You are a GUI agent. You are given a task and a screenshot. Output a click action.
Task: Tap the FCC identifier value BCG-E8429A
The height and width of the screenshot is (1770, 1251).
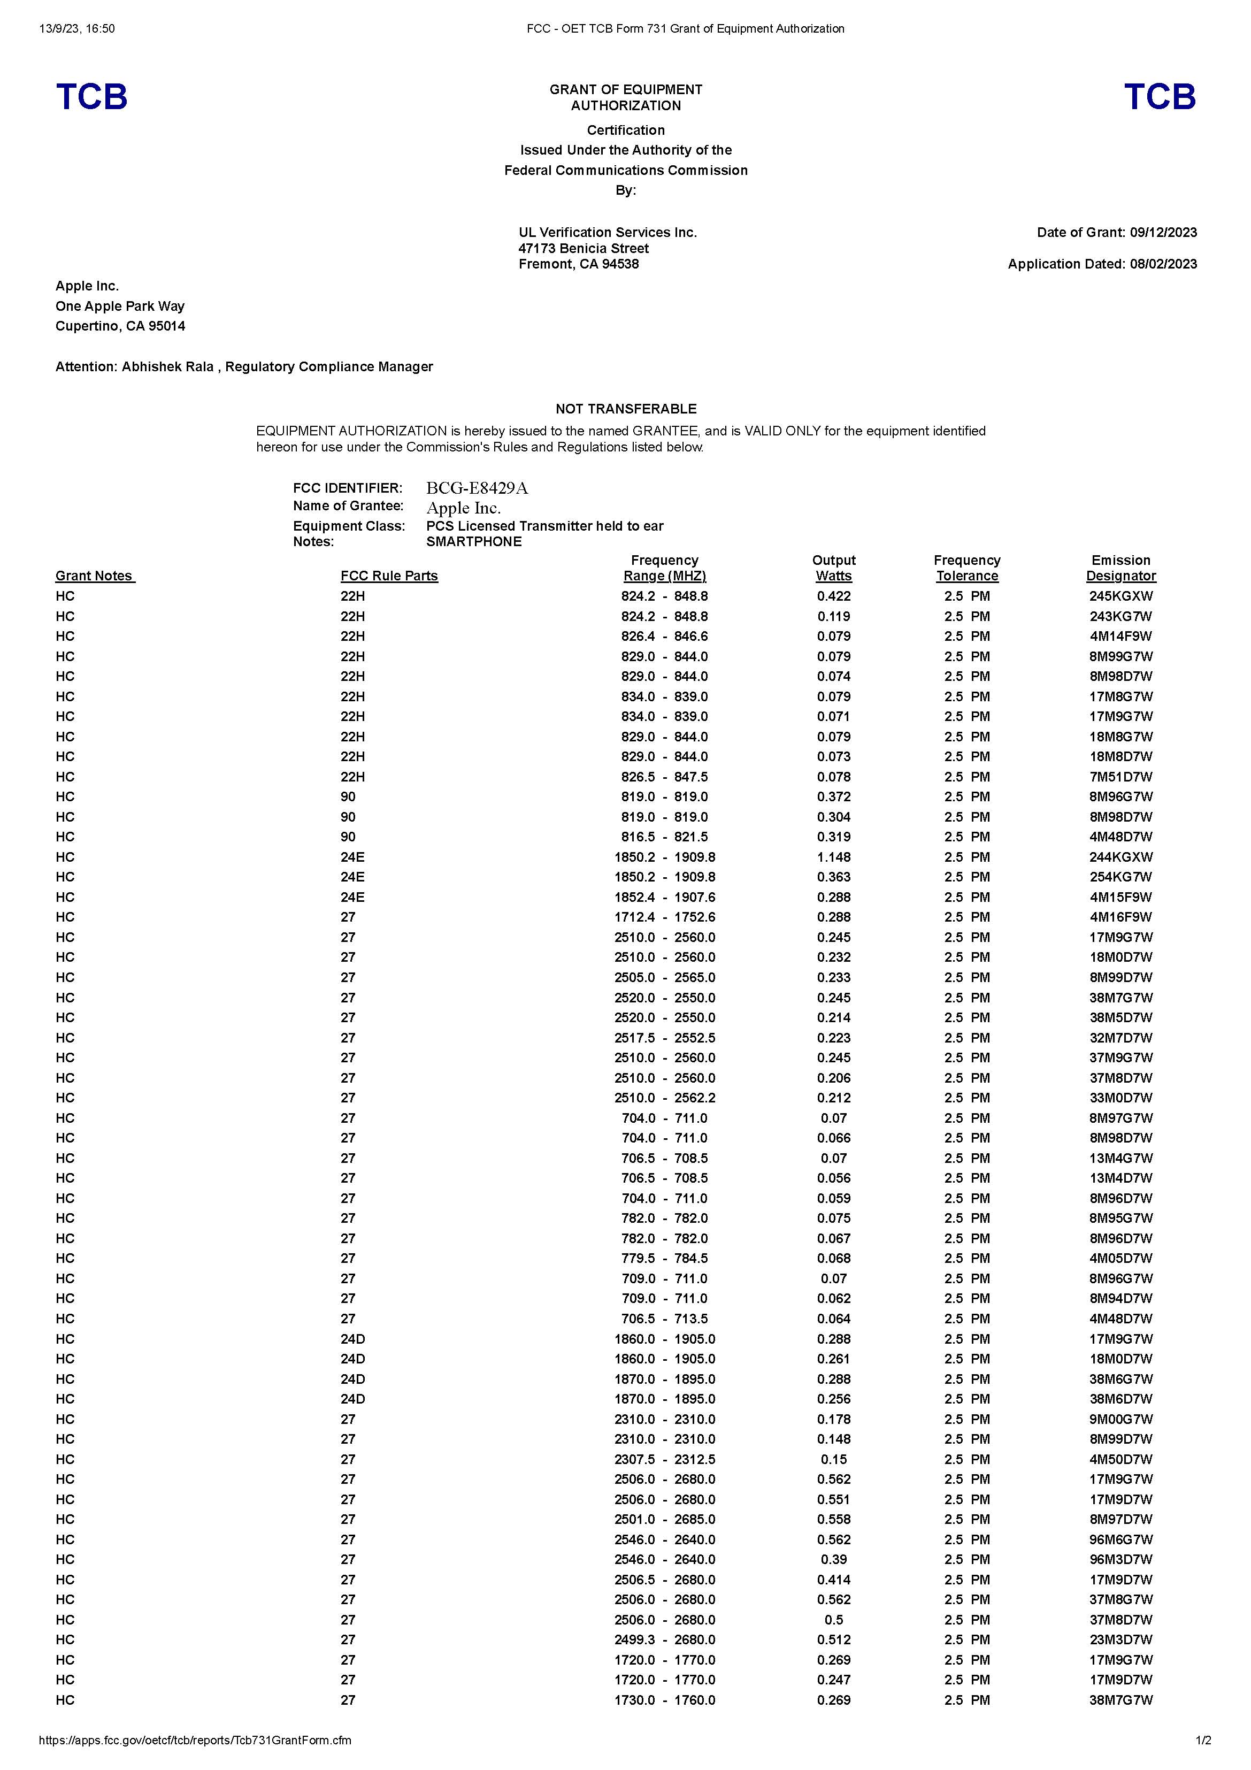coord(477,488)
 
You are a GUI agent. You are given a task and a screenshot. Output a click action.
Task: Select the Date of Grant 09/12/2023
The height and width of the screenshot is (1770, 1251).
coord(1117,232)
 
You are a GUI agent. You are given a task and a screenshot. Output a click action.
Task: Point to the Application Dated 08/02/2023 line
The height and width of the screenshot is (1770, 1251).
coord(1102,264)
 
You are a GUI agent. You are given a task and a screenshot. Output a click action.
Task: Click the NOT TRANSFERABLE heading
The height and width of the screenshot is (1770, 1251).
coord(625,409)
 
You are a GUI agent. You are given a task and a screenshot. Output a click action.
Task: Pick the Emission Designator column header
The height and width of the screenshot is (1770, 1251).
coord(1120,568)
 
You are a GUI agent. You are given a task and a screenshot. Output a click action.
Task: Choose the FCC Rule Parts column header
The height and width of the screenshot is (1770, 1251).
coord(389,576)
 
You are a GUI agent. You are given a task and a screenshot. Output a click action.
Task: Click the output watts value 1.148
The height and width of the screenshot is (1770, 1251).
coord(833,856)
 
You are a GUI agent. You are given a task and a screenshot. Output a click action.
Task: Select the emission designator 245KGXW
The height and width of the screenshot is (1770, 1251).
coord(1120,596)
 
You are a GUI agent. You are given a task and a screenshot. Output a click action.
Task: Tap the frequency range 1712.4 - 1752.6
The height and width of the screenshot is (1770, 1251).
coord(664,917)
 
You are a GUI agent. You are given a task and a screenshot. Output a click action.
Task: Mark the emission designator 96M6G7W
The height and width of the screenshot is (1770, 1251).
coord(1120,1539)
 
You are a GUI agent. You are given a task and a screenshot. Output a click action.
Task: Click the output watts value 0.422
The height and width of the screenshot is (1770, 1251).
coord(833,596)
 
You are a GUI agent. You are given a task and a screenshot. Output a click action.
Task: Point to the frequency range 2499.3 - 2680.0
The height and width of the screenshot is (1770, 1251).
coord(664,1639)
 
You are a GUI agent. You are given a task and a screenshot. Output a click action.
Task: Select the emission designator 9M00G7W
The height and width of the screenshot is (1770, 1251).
coord(1120,1419)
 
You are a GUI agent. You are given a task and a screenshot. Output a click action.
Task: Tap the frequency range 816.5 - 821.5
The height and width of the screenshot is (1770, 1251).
coord(664,837)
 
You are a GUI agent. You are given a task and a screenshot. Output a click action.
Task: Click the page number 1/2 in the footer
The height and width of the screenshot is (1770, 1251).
coord(1202,1740)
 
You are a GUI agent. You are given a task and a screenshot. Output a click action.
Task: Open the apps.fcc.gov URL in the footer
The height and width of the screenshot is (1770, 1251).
coord(195,1740)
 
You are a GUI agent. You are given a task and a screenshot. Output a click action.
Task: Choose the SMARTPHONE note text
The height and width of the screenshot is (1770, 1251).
coord(473,541)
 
